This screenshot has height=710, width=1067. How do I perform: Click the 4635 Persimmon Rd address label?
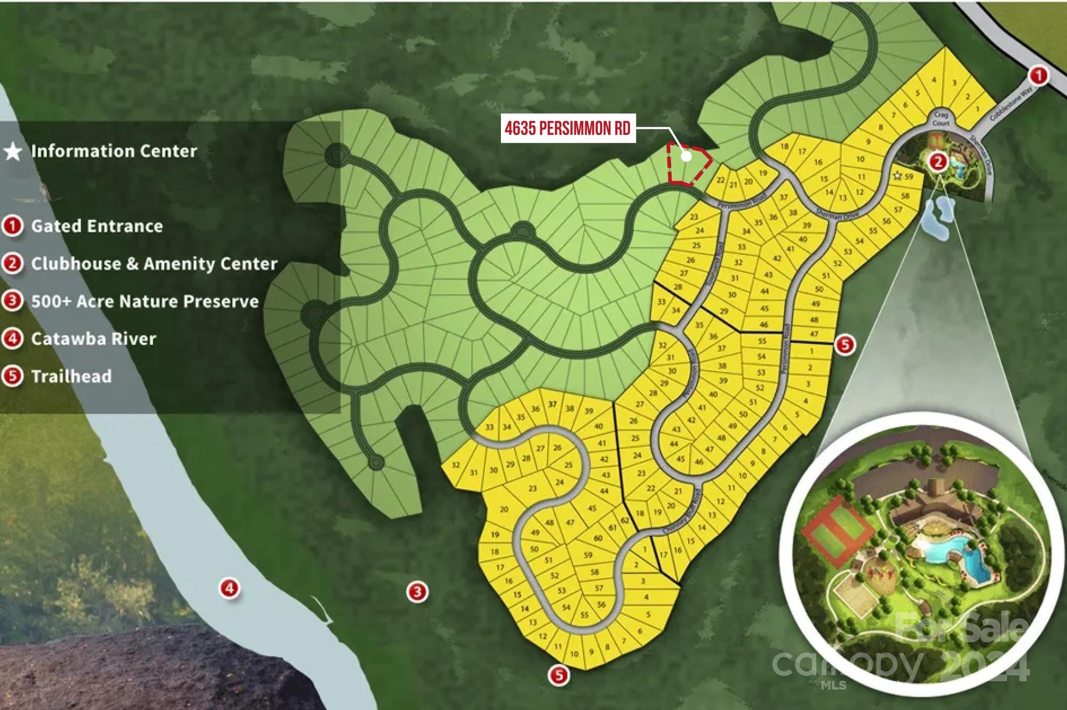click(x=568, y=129)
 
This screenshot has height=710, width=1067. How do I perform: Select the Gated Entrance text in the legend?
click(x=97, y=226)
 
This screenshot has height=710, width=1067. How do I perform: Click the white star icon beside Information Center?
click(x=13, y=152)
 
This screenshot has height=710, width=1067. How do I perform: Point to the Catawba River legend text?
click(x=93, y=339)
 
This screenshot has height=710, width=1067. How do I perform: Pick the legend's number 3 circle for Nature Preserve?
click(x=12, y=301)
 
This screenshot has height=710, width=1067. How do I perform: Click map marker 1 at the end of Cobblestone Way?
click(x=1038, y=75)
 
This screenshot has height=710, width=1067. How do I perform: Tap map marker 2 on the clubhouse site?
click(x=938, y=161)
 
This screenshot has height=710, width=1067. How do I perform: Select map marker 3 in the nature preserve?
click(x=417, y=591)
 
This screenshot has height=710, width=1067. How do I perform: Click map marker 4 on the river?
click(x=229, y=588)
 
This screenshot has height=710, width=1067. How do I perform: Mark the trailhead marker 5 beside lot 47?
click(x=845, y=344)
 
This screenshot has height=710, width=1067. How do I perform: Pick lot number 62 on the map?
click(x=625, y=521)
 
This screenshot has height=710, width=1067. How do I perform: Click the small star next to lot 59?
click(x=897, y=175)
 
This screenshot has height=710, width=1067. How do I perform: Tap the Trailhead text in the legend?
click(x=71, y=377)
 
